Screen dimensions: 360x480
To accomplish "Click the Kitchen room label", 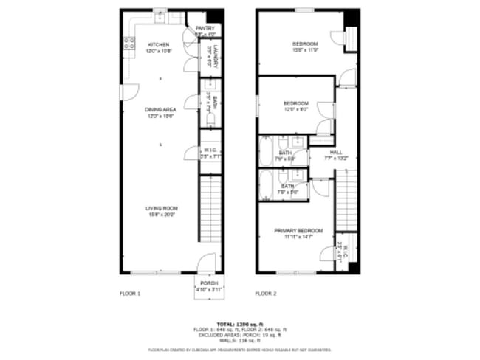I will point(159,44).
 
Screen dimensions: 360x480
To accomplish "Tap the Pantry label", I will point(205,29).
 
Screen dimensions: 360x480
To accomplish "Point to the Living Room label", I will point(161,208).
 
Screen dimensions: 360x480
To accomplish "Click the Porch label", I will point(209,283).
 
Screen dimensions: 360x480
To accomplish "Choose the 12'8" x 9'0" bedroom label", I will point(296,103).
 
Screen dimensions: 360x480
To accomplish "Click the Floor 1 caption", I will point(130,293).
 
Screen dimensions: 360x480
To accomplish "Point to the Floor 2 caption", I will point(265,293).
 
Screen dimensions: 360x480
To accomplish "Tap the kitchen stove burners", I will point(128,44).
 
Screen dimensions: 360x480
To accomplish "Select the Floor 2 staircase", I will point(346,199).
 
